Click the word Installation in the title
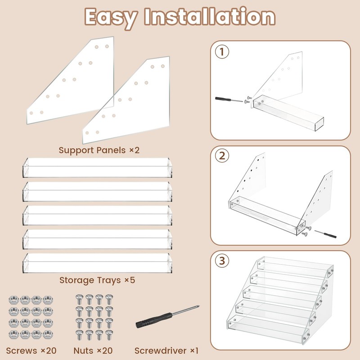210,16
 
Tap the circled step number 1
222,52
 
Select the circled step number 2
222,156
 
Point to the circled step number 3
222,261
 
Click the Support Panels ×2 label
99,150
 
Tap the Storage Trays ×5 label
97,280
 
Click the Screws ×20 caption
31,351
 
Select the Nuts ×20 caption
93,351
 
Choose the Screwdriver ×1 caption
166,351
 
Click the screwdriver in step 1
229,99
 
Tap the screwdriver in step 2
325,234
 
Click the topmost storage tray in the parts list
97,167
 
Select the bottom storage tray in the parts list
97,263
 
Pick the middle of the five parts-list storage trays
97,216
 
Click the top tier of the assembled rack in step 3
295,267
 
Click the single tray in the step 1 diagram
288,112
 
